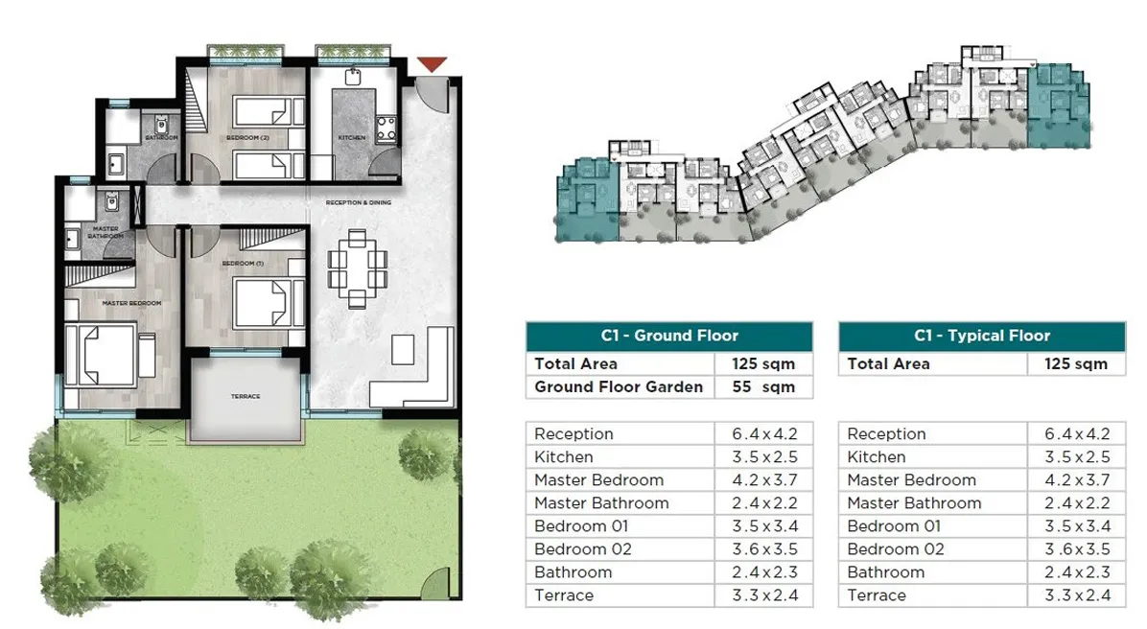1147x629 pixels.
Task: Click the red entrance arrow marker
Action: (x=433, y=64)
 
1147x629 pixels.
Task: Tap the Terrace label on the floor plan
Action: (x=246, y=396)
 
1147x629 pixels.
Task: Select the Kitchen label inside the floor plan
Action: (x=352, y=138)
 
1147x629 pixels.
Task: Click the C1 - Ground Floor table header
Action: (x=668, y=336)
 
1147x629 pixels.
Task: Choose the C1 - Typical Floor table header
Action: (x=981, y=336)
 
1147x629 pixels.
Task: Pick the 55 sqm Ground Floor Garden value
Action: (x=764, y=387)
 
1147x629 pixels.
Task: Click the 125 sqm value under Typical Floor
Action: (x=1076, y=364)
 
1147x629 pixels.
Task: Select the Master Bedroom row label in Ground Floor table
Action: (x=598, y=480)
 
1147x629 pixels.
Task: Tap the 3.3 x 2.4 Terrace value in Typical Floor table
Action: (x=1076, y=595)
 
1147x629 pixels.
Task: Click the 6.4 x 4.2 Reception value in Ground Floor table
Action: (x=764, y=434)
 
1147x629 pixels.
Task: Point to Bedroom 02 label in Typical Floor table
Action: (x=896, y=549)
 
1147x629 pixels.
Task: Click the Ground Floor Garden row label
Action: (x=619, y=387)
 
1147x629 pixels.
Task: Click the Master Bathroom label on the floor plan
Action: (x=105, y=232)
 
